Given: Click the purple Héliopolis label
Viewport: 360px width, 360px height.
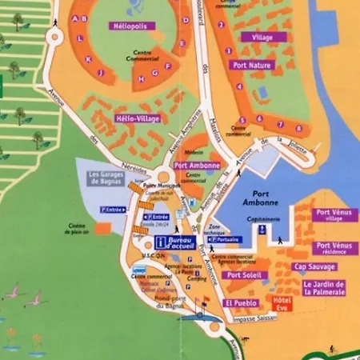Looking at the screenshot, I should click(133, 26).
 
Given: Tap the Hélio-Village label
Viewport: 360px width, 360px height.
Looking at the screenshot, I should click(138, 118).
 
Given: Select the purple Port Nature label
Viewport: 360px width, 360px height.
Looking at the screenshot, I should click(250, 66).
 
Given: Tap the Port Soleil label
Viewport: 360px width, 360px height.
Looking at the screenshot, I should click(245, 275).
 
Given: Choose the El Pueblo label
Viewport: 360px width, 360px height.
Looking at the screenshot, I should click(239, 304).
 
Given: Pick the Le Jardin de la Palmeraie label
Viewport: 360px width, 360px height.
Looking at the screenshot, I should click(324, 287).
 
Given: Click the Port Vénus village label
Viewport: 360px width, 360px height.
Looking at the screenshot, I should click(334, 215).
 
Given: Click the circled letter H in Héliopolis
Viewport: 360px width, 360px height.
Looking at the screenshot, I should click(142, 78).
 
